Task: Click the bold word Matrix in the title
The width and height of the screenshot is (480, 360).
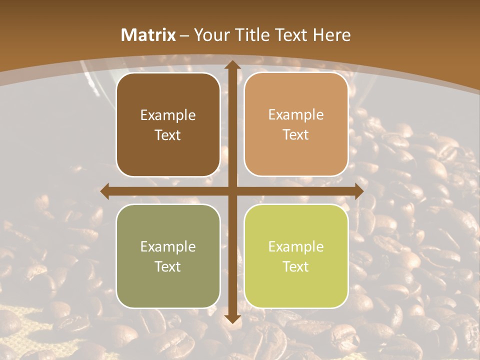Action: (148, 35)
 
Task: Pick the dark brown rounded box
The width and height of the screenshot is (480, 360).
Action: (168, 125)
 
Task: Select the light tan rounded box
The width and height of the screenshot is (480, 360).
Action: (296, 125)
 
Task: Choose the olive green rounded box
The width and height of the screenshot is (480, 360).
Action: (168, 256)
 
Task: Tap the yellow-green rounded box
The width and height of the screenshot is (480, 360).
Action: (296, 256)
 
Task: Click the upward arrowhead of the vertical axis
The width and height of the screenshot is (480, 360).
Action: (232, 65)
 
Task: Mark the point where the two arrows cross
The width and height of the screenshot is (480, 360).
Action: (232, 191)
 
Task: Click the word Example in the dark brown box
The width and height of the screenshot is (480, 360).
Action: (168, 115)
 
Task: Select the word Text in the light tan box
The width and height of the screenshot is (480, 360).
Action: (296, 135)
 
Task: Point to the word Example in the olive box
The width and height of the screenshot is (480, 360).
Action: (168, 246)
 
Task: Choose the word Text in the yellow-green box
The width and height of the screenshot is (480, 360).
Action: (296, 266)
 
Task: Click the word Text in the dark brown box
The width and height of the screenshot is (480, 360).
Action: (168, 135)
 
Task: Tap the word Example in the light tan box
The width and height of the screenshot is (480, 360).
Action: (296, 115)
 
